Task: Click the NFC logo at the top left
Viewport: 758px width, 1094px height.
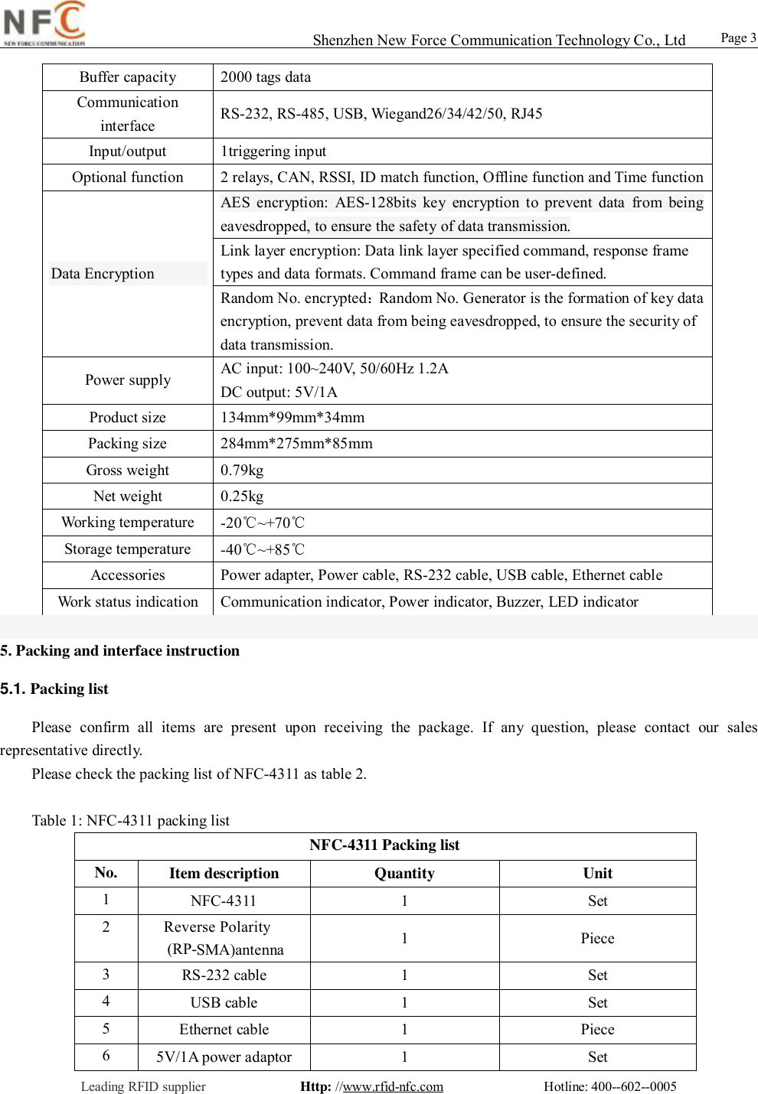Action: [x=44, y=24]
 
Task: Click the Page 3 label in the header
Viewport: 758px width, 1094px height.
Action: [x=738, y=38]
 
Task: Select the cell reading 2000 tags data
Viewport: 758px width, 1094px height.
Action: [x=266, y=77]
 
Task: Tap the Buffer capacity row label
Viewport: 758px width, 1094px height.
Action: [x=128, y=77]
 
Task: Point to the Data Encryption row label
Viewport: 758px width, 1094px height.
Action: [x=103, y=274]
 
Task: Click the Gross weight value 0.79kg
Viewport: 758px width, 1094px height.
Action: [x=242, y=470]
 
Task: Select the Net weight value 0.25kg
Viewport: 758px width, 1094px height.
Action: [x=242, y=497]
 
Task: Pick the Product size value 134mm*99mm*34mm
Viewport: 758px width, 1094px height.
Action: [x=292, y=418]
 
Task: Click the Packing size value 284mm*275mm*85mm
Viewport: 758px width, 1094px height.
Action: [x=296, y=444]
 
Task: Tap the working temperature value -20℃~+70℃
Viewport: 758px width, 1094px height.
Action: [x=263, y=523]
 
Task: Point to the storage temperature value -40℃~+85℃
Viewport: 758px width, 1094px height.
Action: [x=263, y=549]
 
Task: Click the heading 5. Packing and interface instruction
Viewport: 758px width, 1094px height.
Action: [x=120, y=651]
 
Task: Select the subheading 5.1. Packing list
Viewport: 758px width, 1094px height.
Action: [x=55, y=689]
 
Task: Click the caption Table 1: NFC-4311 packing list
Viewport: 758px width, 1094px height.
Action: [x=131, y=821]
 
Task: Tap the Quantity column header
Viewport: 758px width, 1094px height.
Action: [x=404, y=874]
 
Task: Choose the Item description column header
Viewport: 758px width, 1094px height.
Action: [x=224, y=874]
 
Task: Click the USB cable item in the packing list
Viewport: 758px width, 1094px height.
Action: [x=224, y=1003]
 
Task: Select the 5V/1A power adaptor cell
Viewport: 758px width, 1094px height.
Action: [x=224, y=1057]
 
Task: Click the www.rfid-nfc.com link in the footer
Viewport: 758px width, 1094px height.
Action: [x=393, y=1086]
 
